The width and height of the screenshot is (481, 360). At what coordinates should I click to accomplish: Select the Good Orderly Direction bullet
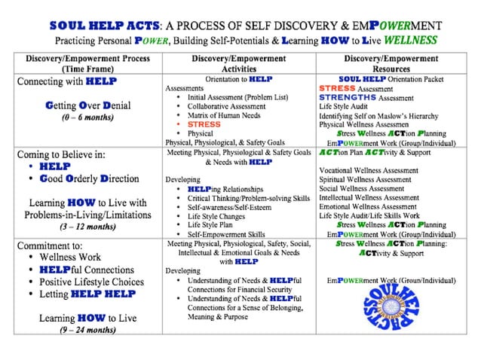coord(88,178)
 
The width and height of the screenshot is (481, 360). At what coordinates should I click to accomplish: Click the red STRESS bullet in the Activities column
coord(204,124)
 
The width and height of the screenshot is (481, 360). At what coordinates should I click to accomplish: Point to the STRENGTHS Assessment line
coord(365,97)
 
